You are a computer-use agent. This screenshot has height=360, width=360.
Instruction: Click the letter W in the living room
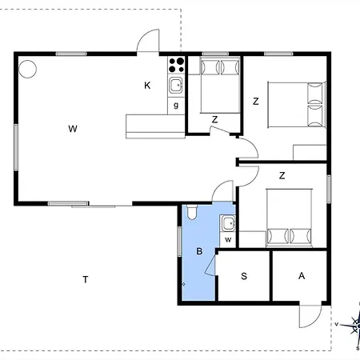point(73,129)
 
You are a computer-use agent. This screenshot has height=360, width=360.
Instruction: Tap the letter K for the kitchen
point(147,86)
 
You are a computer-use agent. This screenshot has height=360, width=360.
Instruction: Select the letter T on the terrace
point(86,279)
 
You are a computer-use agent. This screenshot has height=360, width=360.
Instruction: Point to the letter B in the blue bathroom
point(199,251)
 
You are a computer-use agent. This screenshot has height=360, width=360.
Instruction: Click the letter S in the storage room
point(244,276)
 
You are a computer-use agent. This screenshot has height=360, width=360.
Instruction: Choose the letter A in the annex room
point(302,276)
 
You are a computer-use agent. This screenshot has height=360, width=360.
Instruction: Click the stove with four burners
point(176,65)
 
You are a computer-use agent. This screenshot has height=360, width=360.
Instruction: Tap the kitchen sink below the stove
point(176,86)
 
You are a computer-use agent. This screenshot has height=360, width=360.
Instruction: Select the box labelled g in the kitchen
point(176,106)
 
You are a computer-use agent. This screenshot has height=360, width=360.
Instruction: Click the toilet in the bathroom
point(191,212)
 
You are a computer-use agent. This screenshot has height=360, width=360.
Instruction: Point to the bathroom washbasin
point(229,223)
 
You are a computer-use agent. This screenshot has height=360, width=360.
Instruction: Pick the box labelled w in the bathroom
point(228,240)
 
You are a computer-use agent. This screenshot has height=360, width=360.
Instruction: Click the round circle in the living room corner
point(27,69)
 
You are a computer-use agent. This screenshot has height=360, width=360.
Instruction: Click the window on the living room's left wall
point(16,147)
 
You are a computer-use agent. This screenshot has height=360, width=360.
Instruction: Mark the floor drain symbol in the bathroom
point(183,284)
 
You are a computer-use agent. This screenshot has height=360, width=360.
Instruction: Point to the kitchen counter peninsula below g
point(155,126)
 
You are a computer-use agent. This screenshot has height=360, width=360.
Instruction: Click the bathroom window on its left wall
point(179,242)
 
